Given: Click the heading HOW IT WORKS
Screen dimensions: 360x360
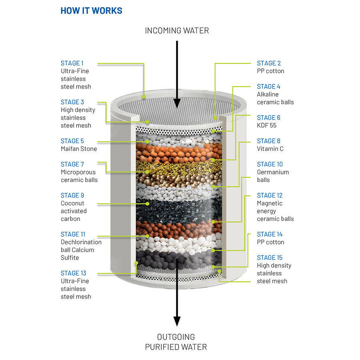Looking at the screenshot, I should point(91,10).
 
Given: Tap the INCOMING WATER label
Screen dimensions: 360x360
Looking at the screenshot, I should point(177,30).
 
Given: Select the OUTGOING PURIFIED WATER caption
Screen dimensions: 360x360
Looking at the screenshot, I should point(176,342).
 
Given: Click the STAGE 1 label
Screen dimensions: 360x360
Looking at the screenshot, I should point(72,63).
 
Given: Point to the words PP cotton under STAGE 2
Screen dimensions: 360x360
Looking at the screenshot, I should point(270,71).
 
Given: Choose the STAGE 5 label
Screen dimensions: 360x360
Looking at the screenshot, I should point(72,141).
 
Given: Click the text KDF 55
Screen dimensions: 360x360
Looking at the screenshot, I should point(266,126).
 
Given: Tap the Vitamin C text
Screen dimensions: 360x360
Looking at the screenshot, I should point(270,149).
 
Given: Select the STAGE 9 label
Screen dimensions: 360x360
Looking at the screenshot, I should point(72,196).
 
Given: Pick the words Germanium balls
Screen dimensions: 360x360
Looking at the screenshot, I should point(272,176).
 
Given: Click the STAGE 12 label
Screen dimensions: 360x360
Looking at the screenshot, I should point(270,196).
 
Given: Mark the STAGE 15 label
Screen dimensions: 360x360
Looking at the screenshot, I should point(270,258).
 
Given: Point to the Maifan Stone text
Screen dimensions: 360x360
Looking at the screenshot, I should point(79,149).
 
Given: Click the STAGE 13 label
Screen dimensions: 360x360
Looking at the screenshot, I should point(73,273).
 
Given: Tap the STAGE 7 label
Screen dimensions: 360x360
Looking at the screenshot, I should point(72,164).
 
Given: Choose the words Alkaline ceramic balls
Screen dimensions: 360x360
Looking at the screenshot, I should point(275,98).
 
